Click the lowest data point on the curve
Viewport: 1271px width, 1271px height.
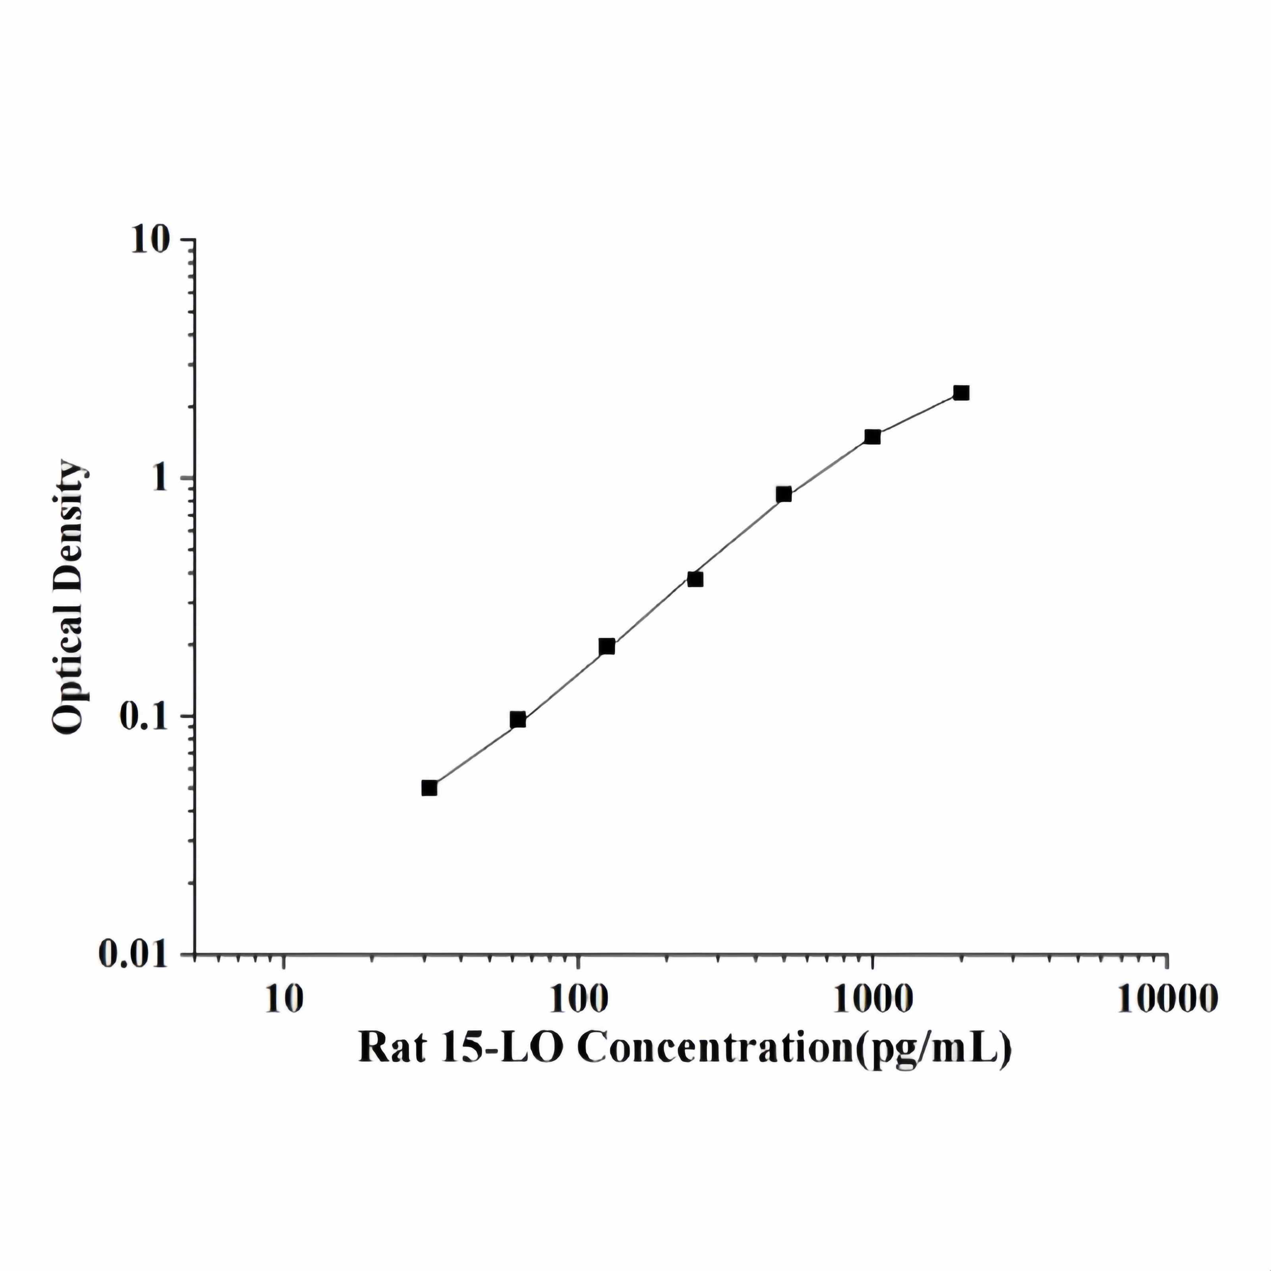(x=429, y=788)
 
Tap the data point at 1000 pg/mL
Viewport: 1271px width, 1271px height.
(x=872, y=437)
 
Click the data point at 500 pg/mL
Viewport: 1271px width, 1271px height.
(x=784, y=494)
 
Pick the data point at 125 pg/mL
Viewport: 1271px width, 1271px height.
(x=607, y=646)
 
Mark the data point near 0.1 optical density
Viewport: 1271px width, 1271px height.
(x=518, y=720)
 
